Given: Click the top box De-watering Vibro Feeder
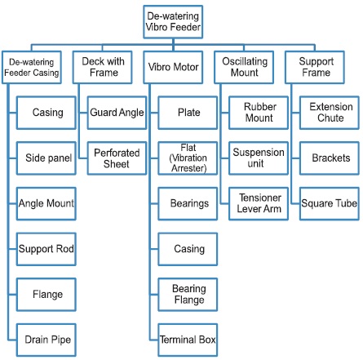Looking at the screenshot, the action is tap(173, 22).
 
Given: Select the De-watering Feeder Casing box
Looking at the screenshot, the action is tap(32, 67).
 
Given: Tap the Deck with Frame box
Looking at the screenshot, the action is tap(103, 67).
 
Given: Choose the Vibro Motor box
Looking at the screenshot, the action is tap(173, 67).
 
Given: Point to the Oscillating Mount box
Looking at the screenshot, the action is tap(244, 67).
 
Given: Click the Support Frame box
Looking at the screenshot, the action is tap(315, 67).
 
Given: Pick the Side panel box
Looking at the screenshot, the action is tap(46, 158).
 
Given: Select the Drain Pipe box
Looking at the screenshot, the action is tap(46, 340).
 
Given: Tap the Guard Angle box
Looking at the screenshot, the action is tap(117, 113).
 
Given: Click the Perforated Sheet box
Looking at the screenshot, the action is tap(117, 158).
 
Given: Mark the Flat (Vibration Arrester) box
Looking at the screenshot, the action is tap(188, 158).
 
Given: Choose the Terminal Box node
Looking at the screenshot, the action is tap(188, 340).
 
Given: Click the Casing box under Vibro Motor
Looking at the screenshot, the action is tap(188, 249).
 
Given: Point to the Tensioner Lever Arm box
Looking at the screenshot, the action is tap(259, 203).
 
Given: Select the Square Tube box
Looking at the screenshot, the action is tap(330, 203).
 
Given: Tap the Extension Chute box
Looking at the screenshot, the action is tap(330, 113).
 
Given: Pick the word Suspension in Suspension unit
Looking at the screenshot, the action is tap(259, 153).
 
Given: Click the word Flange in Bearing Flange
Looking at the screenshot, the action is tap(189, 300).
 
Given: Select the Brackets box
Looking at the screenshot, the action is tap(330, 158).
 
